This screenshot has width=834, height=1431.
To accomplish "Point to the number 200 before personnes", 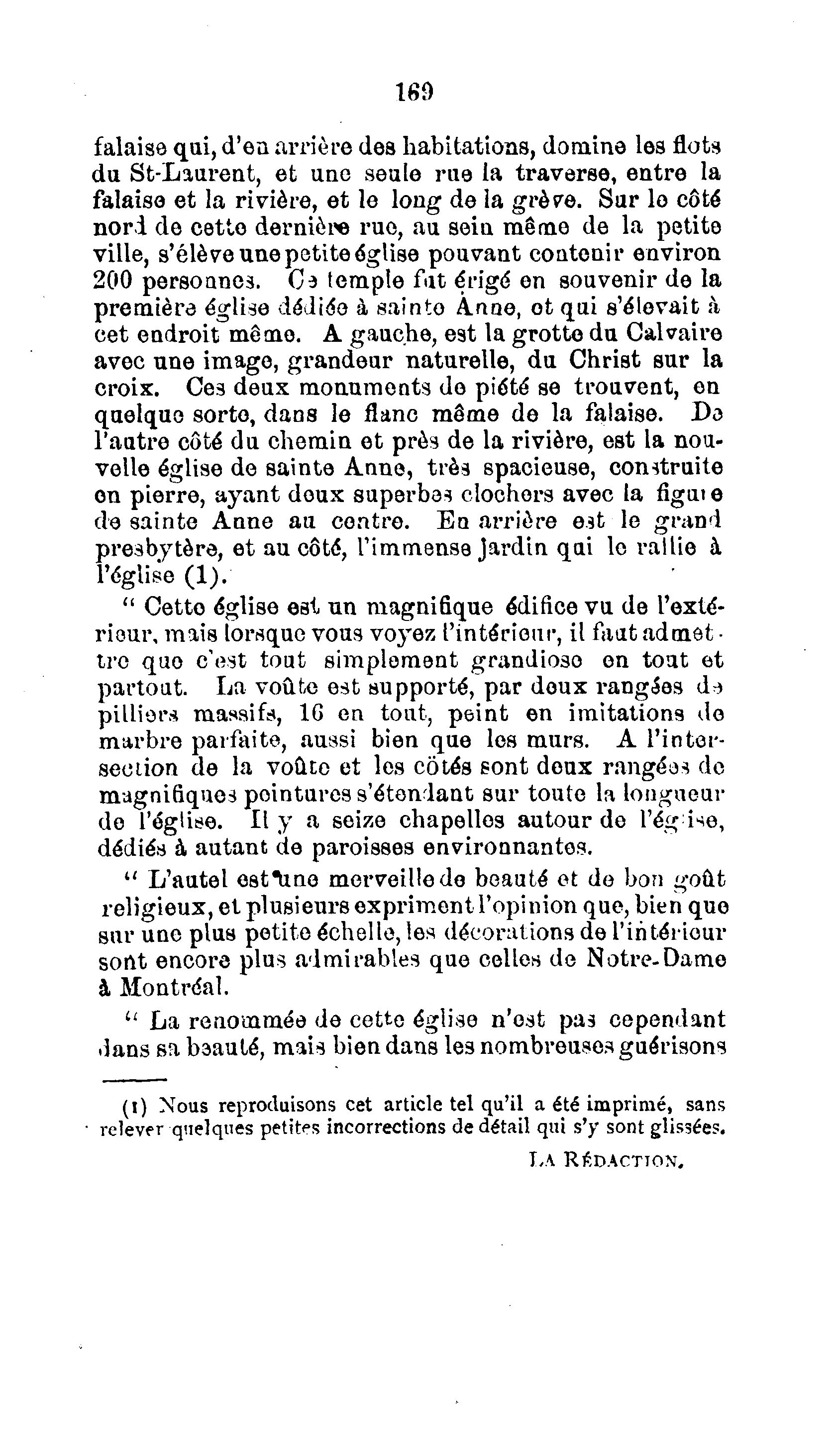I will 111,281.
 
